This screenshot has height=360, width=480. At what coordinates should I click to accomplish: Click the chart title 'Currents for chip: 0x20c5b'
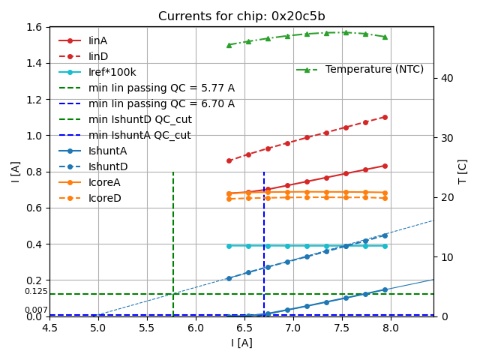pyautogui.click(x=241, y=16)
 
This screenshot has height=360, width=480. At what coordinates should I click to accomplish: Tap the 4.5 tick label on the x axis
pyautogui.click(x=49, y=328)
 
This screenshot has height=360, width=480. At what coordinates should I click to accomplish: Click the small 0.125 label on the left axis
pyautogui.click(x=36, y=292)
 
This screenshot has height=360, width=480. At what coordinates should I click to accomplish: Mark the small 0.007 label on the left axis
pyautogui.click(x=36, y=310)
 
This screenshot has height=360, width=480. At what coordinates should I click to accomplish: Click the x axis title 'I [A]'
pyautogui.click(x=241, y=343)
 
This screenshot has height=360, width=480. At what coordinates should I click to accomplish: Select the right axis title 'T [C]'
pyautogui.click(x=463, y=172)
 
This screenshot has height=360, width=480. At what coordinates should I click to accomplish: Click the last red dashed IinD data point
pyautogui.click(x=385, y=117)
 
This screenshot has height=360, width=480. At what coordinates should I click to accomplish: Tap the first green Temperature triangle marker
pyautogui.click(x=229, y=45)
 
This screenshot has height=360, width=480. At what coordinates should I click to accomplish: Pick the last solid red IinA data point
pyautogui.click(x=385, y=166)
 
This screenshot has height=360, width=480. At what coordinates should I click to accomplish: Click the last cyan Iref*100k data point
pyautogui.click(x=385, y=246)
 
